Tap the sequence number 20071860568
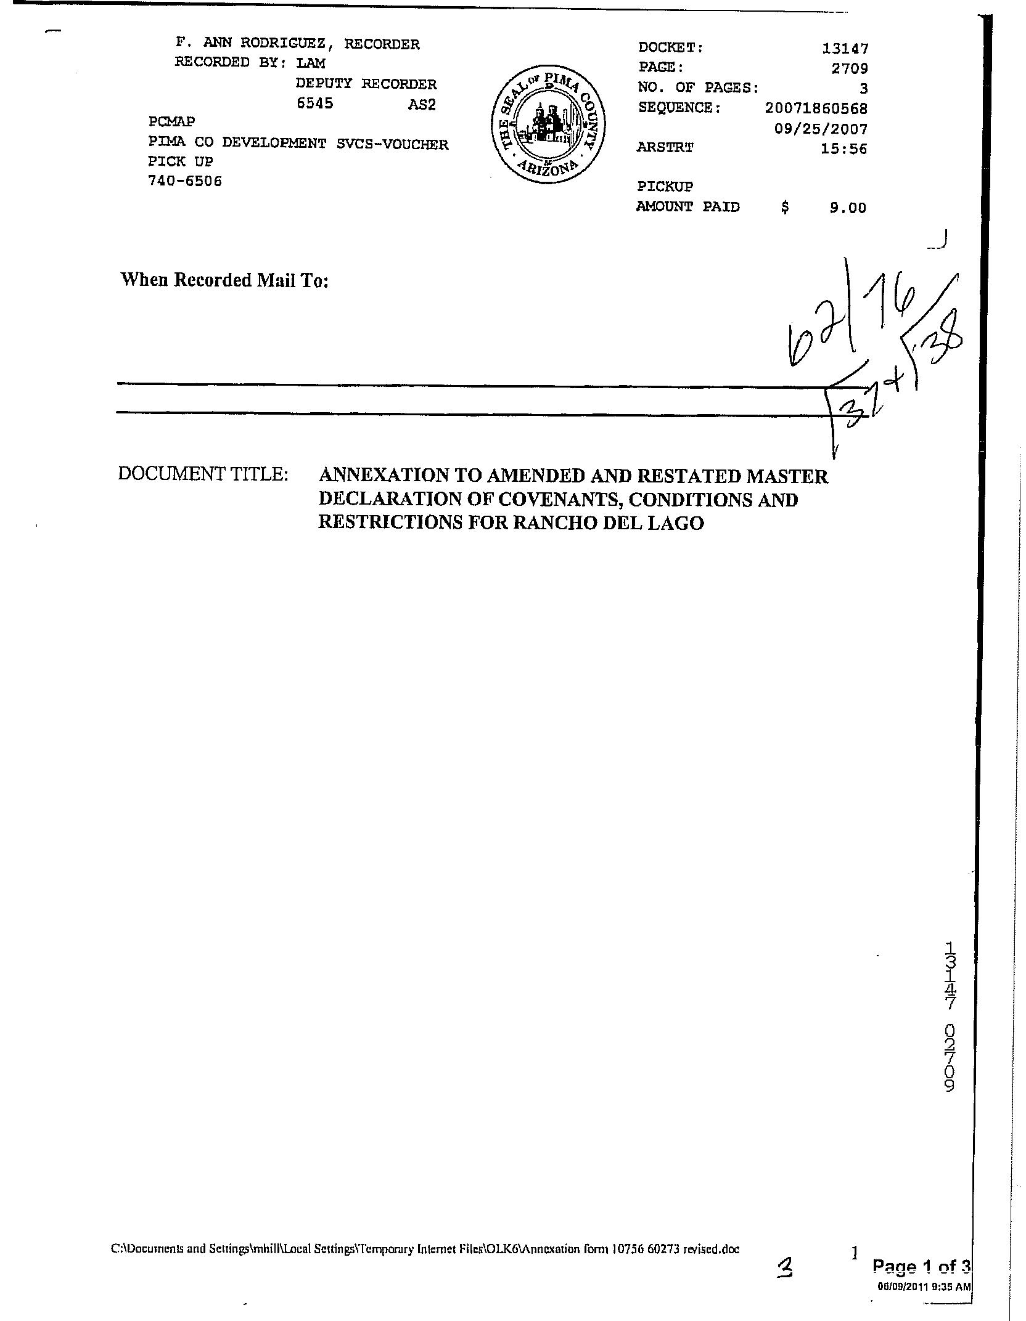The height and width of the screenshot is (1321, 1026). point(816,108)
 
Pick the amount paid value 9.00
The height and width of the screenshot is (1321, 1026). point(847,208)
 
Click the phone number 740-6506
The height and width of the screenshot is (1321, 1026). point(184,181)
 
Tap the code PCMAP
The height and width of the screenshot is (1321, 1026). point(171,122)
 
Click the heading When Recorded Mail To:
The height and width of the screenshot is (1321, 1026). point(224,280)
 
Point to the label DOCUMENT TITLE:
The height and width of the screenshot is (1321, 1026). point(203,474)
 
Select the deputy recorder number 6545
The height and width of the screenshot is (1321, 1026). point(315,104)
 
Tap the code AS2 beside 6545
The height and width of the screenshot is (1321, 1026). point(422,105)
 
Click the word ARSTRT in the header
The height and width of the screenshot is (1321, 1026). point(665,148)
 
